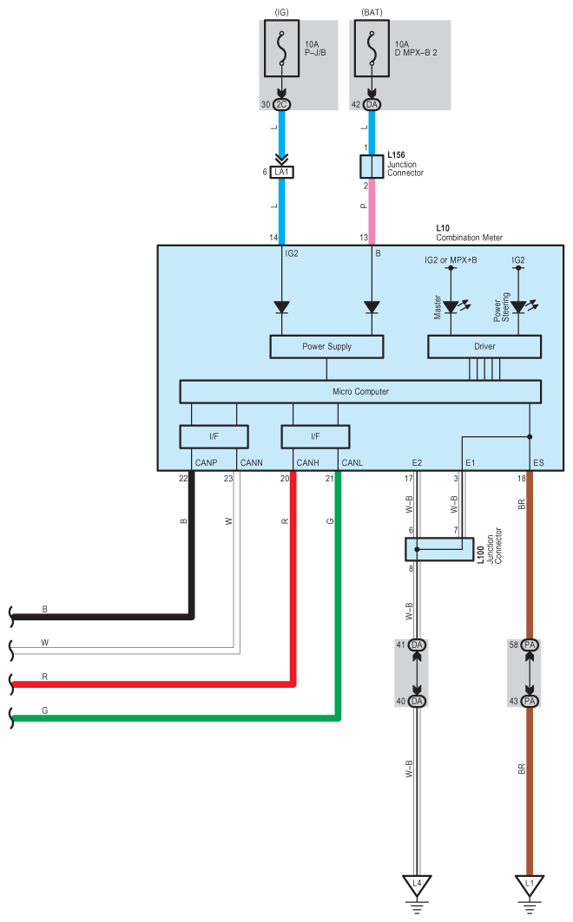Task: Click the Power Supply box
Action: (326, 346)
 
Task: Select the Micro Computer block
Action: (360, 392)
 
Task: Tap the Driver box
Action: (484, 346)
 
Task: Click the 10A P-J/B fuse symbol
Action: (282, 49)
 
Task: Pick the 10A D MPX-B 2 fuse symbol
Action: (372, 49)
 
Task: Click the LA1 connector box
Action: (282, 172)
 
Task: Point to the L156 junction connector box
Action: (372, 167)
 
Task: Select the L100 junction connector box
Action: (439, 549)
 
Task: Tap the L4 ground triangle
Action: (417, 886)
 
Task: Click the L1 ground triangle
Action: (530, 886)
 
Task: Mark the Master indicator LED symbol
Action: (451, 307)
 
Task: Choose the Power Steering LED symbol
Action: (518, 307)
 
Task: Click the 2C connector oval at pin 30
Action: (282, 105)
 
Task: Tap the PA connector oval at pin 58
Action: (530, 645)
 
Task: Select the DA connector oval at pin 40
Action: (417, 701)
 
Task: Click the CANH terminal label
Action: (307, 463)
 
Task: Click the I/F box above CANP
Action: (214, 436)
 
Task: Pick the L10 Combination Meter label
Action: (470, 232)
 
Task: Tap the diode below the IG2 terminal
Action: (282, 307)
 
